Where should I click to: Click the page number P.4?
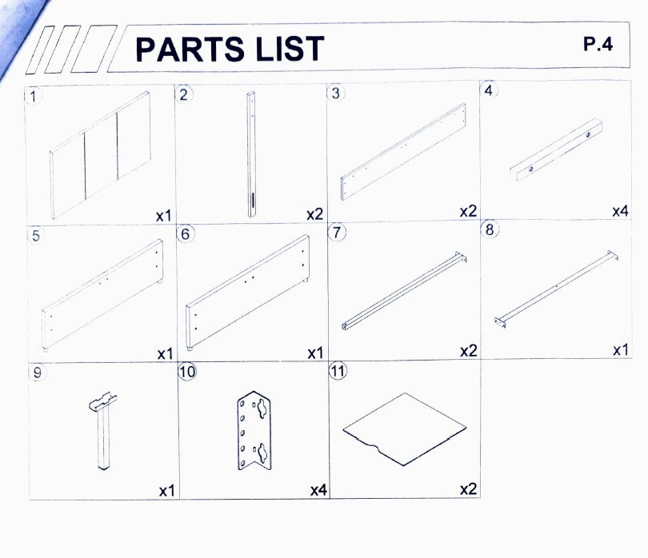598,44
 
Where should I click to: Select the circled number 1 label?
34,97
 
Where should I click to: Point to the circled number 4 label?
489,90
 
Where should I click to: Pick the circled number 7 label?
337,232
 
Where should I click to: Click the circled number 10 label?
187,371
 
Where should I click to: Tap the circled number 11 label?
338,370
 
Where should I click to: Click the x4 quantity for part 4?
620,211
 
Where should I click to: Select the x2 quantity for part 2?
314,214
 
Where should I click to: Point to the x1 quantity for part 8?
620,350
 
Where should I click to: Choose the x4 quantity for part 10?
318,490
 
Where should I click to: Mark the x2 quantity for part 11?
469,489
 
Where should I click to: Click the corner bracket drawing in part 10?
254,431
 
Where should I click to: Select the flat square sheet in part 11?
405,428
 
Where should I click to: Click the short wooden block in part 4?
556,149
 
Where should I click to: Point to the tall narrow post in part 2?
251,154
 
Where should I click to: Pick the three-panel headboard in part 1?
100,155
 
